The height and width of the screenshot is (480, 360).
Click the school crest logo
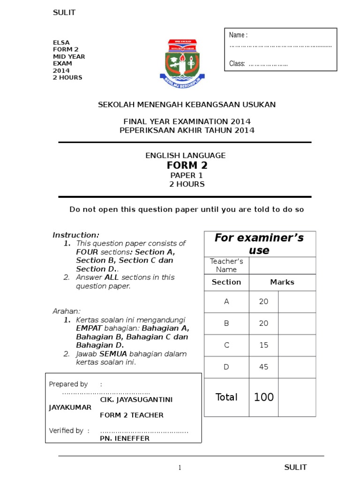tap(182, 63)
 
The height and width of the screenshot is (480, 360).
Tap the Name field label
tap(238, 35)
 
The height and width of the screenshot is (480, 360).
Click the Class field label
tap(237, 64)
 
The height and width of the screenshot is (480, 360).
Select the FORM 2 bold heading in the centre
tap(187, 165)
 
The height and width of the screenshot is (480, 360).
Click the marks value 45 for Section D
tap(263, 367)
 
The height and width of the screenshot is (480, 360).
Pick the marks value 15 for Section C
tap(263, 345)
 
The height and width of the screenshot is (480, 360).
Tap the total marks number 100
tap(263, 397)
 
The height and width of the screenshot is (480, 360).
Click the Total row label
tap(226, 397)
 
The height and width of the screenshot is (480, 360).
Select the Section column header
tap(226, 282)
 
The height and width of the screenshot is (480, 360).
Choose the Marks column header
tap(282, 282)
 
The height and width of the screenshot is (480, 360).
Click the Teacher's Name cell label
tap(226, 265)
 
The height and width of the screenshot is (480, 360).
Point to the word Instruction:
tap(76, 235)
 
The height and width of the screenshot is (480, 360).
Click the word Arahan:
tap(66, 311)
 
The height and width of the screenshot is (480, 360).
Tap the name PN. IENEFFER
tap(125, 439)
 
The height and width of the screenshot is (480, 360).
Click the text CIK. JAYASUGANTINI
tap(136, 399)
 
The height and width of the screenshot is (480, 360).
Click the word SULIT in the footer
tap(296, 467)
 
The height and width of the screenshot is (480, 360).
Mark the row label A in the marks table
tap(226, 302)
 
